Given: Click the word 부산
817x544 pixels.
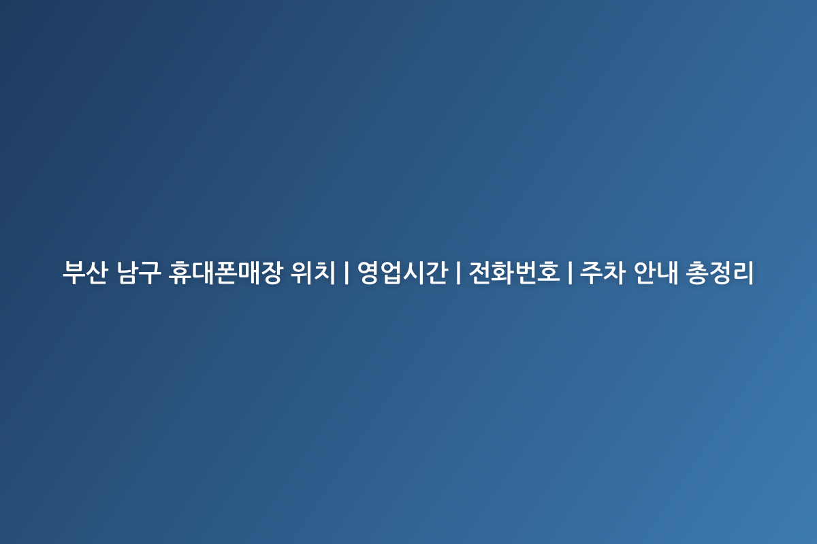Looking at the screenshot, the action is coord(85,273).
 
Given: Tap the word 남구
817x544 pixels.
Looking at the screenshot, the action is coord(139,273).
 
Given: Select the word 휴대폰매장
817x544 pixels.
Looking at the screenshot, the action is coord(225,273).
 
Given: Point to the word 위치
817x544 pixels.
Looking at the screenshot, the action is coord(313,273).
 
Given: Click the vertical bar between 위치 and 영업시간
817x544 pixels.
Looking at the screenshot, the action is coord(346,273).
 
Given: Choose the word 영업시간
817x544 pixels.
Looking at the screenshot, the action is coord(402,273).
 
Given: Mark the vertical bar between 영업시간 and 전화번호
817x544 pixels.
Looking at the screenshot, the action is coord(458,273).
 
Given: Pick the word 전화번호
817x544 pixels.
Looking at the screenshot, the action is coord(514,273).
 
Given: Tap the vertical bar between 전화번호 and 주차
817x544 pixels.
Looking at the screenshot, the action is coord(570,273).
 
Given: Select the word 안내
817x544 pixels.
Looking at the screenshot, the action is coord(656,273).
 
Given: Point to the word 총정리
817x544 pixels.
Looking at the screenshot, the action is coord(720,273).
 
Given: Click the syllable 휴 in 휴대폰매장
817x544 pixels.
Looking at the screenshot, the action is coord(180,273).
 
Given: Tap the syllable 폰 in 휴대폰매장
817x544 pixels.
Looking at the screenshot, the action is coord(226,273).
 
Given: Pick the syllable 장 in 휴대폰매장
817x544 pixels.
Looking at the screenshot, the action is coord(272,273).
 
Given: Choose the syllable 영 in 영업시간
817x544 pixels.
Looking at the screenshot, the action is coord(368,273).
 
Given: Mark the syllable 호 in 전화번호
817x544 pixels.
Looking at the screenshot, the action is coord(549,273).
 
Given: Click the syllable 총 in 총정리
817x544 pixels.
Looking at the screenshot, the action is coord(697,273).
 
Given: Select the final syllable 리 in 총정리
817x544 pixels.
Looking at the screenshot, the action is coord(743,273).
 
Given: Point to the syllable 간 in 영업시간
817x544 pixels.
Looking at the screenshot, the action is coord(437,273).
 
